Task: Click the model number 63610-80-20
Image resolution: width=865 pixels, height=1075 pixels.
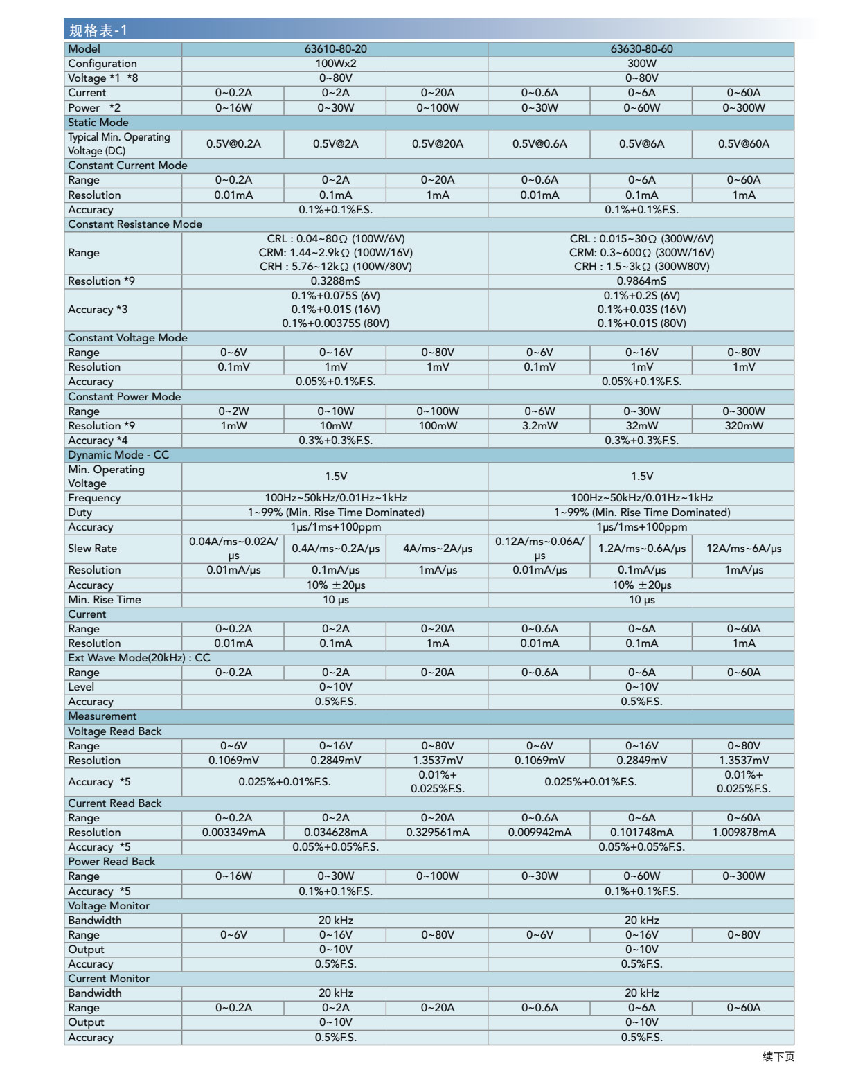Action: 335,49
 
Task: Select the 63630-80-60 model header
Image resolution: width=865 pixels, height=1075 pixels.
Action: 641,49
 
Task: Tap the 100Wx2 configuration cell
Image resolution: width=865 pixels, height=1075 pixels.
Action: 335,64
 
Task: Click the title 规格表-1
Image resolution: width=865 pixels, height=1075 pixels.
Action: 98,30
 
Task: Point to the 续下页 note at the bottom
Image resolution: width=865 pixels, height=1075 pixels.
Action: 778,1056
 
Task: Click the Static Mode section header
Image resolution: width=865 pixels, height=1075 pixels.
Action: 98,123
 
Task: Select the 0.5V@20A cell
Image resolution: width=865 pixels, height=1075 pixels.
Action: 438,144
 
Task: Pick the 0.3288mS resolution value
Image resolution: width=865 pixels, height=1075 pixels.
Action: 335,281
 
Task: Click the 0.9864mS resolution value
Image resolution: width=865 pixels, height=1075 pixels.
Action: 641,281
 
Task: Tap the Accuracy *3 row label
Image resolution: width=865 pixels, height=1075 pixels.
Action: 98,310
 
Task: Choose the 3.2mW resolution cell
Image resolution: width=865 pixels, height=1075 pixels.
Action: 539,426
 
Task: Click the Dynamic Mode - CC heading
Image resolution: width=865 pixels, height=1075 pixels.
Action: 118,455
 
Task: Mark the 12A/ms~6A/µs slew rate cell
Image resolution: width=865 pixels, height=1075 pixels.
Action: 744,549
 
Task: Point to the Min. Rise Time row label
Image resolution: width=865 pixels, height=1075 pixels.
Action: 105,600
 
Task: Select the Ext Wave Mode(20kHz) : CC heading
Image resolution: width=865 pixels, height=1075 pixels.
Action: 139,658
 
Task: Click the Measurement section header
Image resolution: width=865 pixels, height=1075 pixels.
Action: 102,716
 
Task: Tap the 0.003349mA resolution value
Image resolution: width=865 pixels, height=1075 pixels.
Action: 234,833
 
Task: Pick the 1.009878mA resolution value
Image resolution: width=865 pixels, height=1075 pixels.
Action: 744,833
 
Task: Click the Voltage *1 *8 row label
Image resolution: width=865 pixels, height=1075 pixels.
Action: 103,78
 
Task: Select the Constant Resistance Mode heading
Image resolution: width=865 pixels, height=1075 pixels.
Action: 135,224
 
